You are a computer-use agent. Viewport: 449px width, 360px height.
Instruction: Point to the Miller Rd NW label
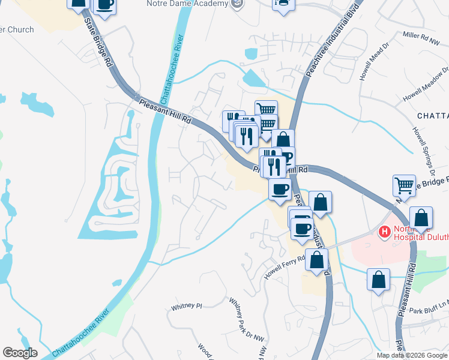click(423, 37)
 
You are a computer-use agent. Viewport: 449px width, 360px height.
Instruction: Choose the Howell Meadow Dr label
click(423, 88)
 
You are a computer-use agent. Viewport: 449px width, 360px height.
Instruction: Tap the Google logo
click(20, 353)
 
